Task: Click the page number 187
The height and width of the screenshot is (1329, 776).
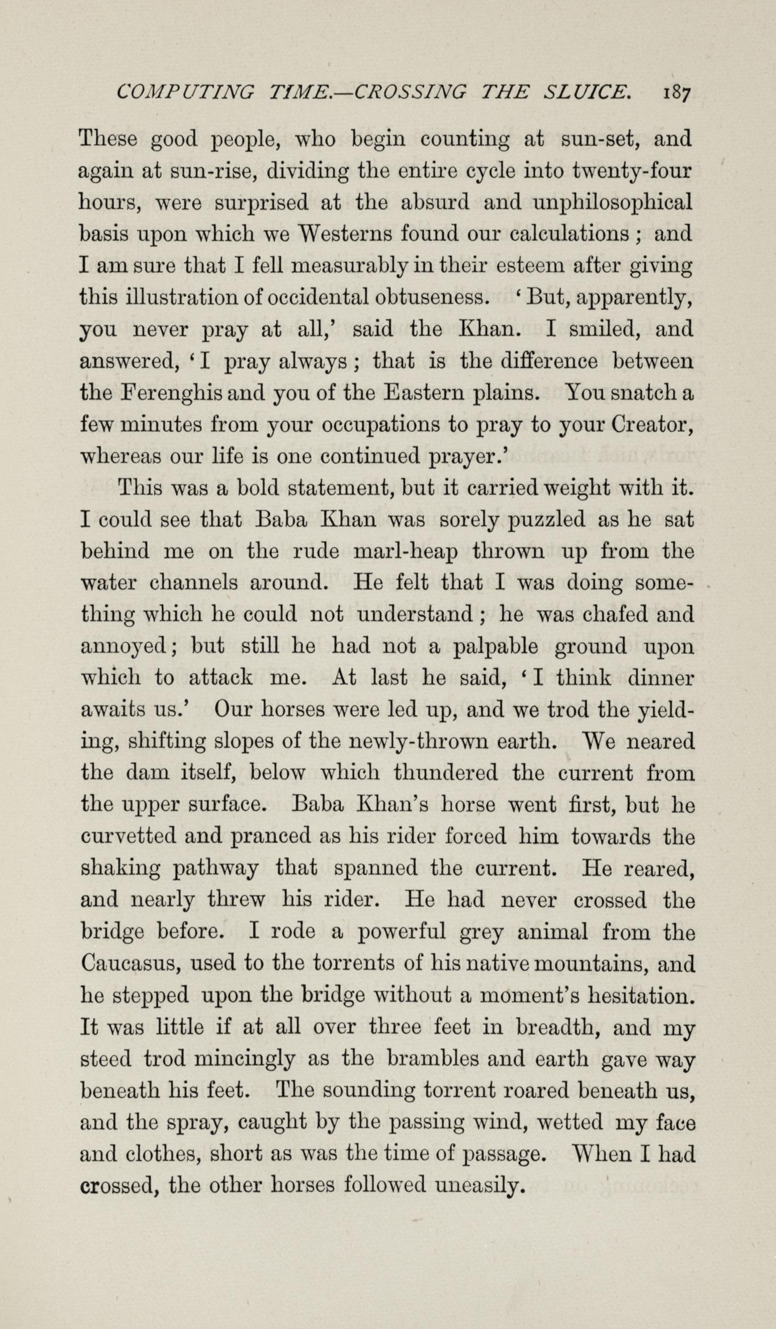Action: pyautogui.click(x=676, y=93)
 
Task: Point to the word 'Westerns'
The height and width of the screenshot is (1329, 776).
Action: pyautogui.click(x=345, y=233)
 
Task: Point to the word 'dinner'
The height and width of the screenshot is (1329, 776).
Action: pyautogui.click(x=661, y=678)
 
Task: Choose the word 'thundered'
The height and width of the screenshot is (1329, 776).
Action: pyautogui.click(x=446, y=774)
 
